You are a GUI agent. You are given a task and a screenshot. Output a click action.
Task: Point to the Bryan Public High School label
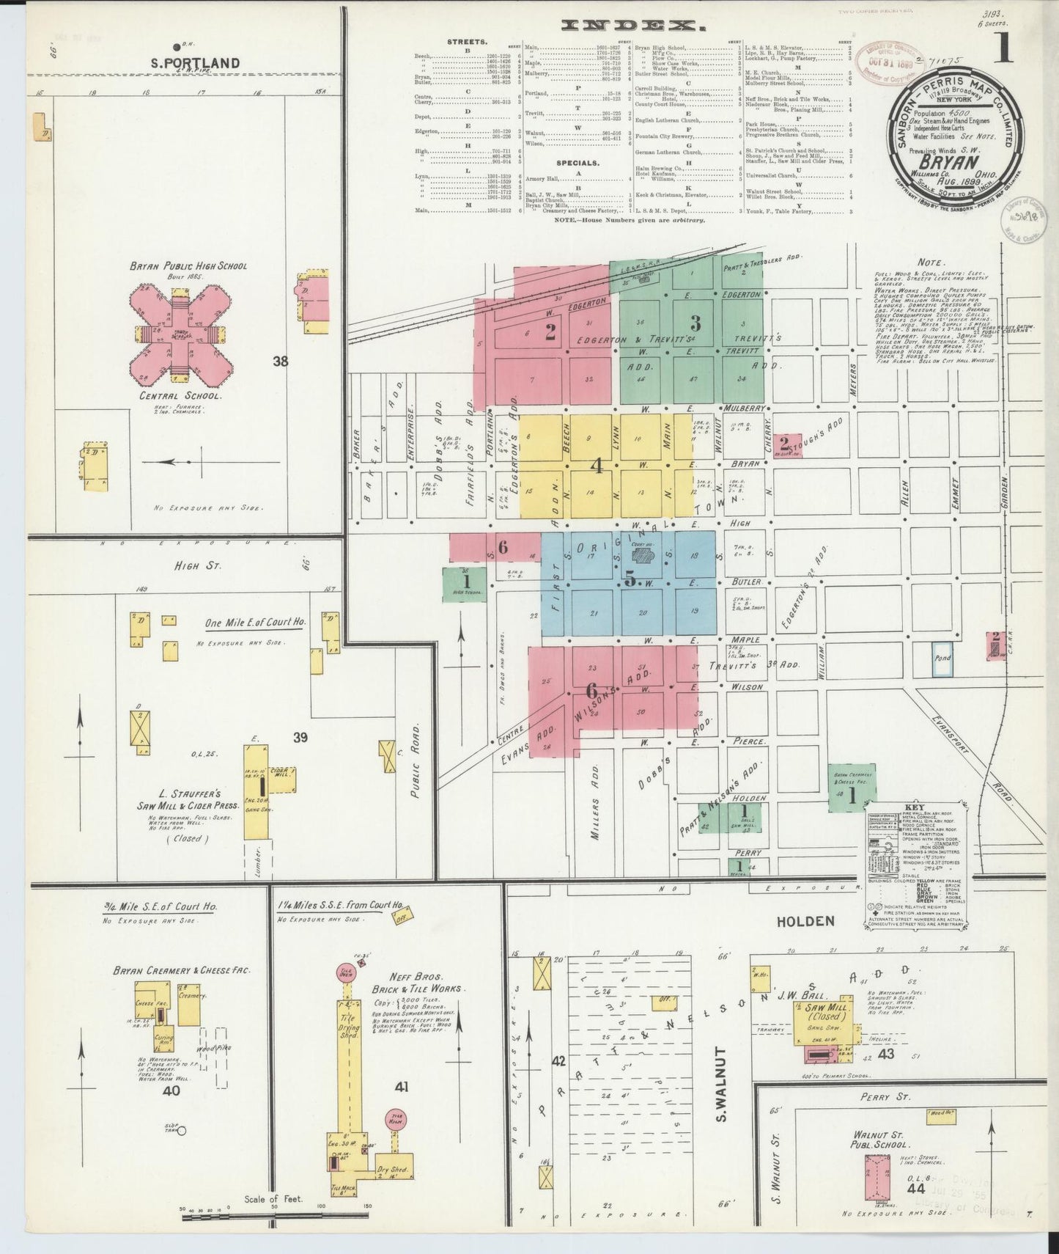188,265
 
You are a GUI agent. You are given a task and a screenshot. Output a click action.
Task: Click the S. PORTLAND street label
195,63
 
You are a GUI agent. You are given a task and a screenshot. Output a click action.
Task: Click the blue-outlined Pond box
942,658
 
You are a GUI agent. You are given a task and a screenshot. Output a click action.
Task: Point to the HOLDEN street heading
805,921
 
